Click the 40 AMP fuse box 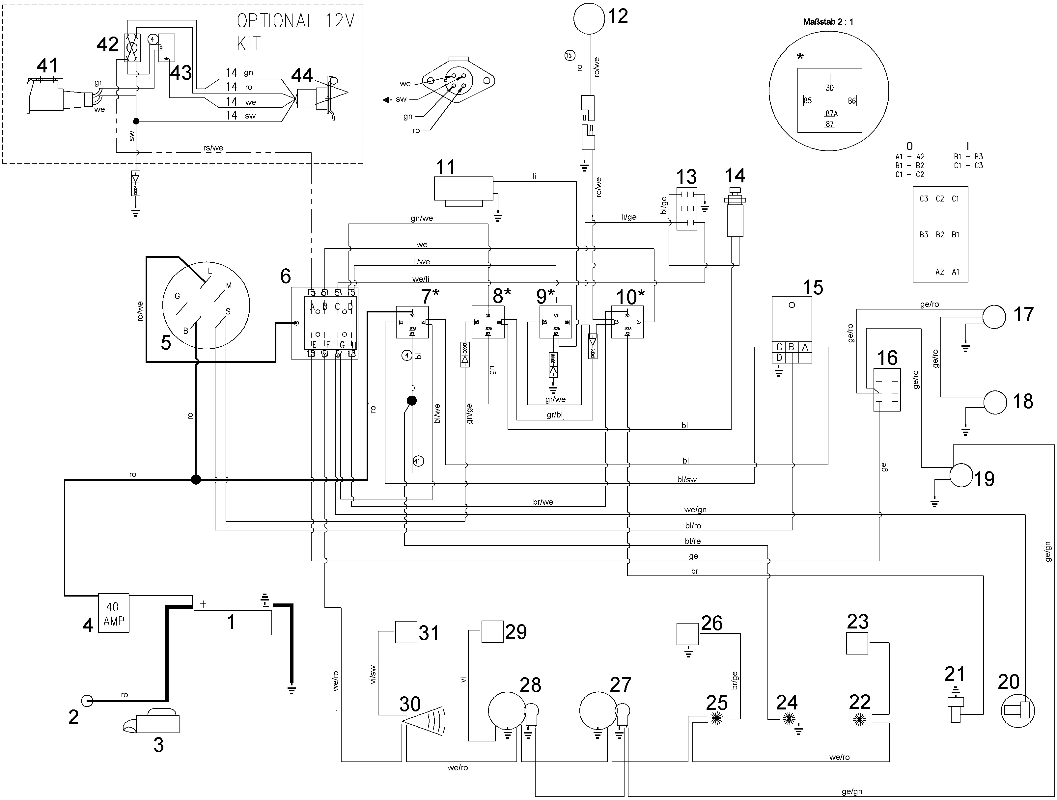click(113, 613)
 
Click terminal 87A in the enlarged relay click(831, 114)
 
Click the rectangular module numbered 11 click(463, 189)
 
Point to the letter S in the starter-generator click(228, 311)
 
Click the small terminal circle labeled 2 click(87, 701)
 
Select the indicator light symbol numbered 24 click(789, 718)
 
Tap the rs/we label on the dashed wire click(213, 147)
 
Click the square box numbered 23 click(857, 643)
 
